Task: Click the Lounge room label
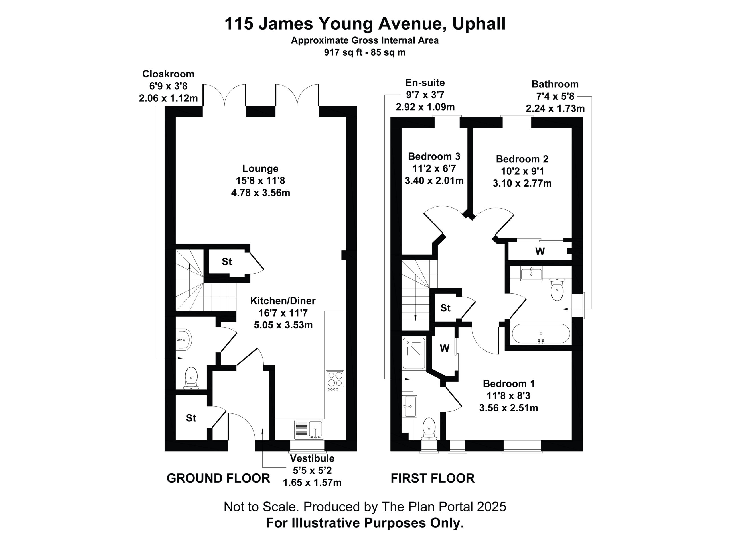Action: point(260,168)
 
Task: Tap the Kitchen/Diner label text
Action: point(283,301)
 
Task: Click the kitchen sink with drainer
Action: point(309,430)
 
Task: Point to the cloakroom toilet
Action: point(191,378)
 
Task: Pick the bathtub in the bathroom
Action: point(541,334)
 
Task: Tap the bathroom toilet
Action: point(557,289)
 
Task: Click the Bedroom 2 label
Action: point(522,159)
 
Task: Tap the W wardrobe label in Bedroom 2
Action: point(540,251)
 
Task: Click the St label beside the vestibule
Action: point(191,418)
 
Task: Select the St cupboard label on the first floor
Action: point(445,308)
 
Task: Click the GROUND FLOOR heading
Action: point(218,478)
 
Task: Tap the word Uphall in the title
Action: point(479,24)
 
